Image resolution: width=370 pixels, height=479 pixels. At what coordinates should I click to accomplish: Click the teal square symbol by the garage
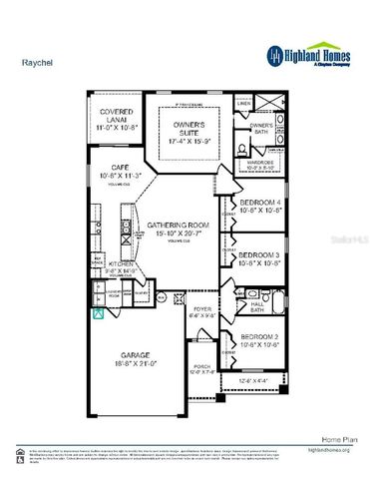98,312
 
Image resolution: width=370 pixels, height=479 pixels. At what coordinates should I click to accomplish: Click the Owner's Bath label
261,128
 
